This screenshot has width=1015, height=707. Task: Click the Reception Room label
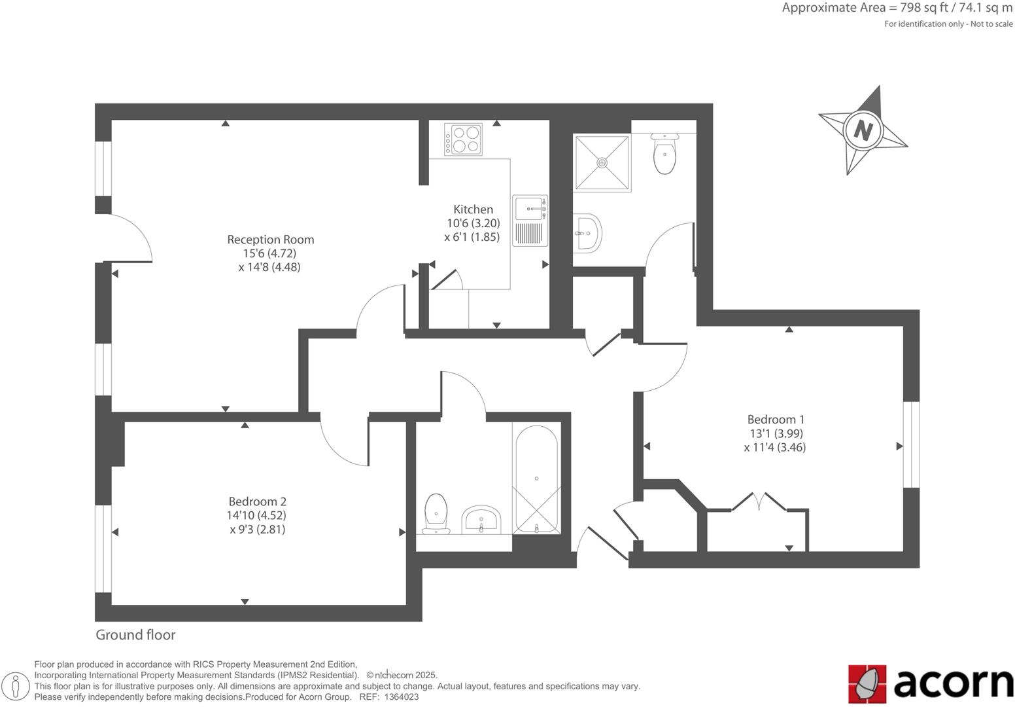tap(270, 240)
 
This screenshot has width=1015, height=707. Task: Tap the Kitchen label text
tap(473, 209)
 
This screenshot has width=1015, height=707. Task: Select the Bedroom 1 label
tap(776, 420)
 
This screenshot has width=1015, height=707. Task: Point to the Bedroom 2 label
tap(257, 501)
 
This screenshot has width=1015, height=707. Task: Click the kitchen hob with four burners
tap(463, 139)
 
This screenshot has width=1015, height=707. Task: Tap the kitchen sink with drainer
tap(530, 220)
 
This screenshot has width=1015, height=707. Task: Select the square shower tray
tap(602, 162)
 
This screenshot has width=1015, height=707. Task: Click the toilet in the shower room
tap(664, 153)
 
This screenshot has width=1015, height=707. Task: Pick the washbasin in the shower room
tap(587, 232)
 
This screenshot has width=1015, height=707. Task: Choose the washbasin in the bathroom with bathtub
tap(481, 520)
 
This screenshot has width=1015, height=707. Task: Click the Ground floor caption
tap(135, 634)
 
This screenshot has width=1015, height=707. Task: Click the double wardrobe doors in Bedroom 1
tap(759, 503)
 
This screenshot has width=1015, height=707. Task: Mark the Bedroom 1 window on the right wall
tap(912, 444)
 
